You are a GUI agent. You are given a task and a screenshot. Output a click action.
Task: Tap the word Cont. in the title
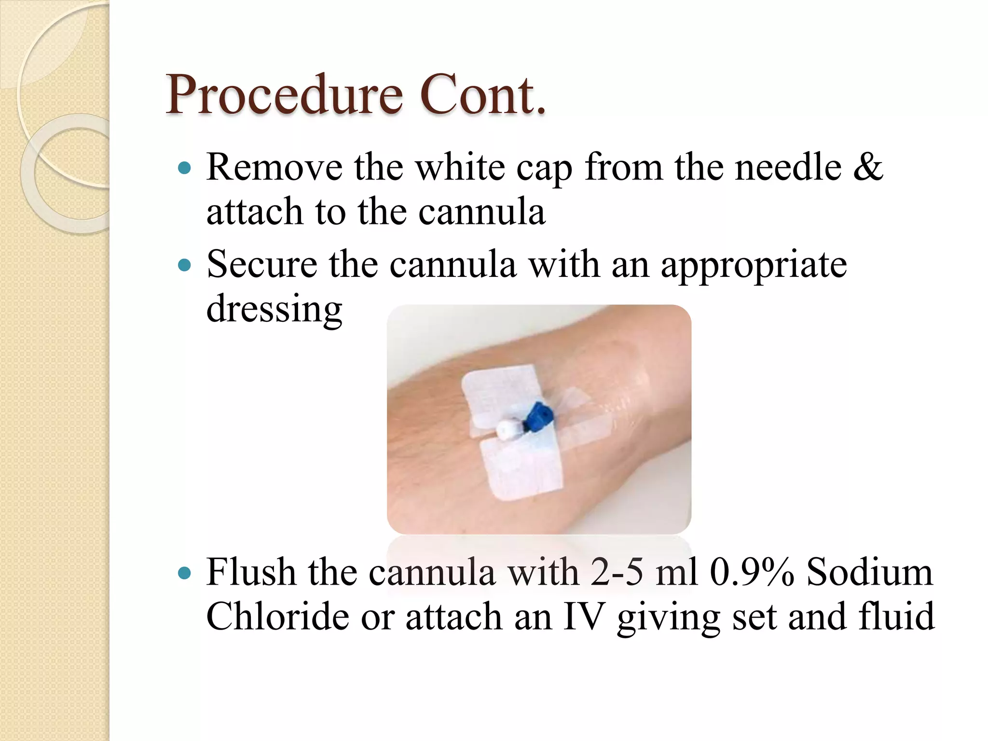point(482,96)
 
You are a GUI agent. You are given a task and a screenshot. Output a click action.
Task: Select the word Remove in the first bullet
point(274,167)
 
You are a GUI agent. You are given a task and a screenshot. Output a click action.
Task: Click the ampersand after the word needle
point(868,167)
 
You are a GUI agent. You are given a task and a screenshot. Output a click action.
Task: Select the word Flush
point(251,573)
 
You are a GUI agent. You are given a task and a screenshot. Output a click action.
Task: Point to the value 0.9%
point(752,573)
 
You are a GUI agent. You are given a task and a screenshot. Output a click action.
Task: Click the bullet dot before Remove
point(184,168)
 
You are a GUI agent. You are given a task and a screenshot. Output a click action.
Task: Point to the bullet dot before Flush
point(184,574)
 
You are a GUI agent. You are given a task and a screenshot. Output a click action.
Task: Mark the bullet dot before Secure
point(184,265)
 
